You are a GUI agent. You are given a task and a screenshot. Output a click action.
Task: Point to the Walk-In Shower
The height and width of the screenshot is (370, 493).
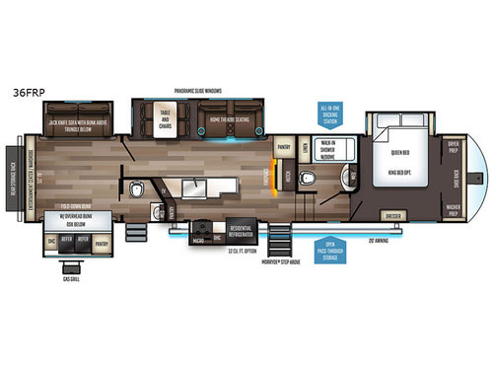(x=326, y=149)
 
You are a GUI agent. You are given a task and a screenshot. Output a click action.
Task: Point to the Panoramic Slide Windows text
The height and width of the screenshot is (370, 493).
(x=197, y=90)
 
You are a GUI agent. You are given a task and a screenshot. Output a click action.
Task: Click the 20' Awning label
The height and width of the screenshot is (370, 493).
(x=380, y=239)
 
